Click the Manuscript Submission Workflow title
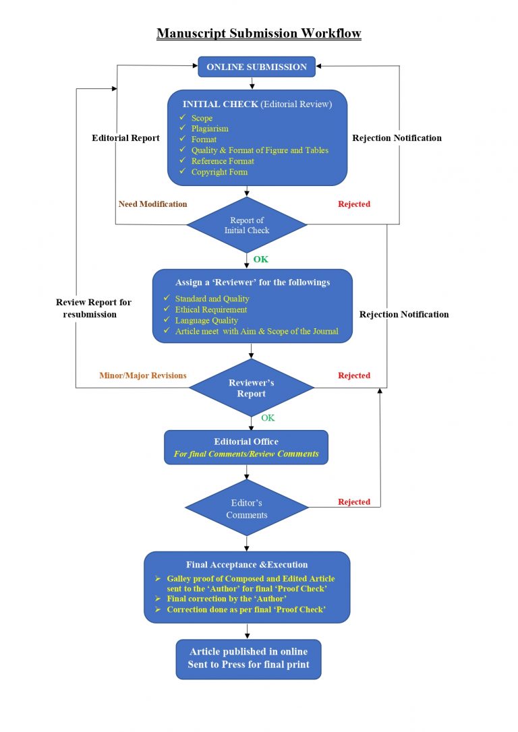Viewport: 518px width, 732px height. [259, 33]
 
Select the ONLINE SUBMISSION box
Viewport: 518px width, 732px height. [256, 67]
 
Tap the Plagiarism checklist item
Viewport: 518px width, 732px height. [210, 129]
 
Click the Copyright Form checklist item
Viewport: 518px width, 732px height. [219, 172]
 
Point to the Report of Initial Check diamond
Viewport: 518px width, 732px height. [247, 225]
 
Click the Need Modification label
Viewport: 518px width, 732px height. [152, 204]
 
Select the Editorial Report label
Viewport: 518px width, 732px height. [125, 138]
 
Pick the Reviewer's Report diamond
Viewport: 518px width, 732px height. [252, 388]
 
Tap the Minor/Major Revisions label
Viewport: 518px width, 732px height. [142, 375]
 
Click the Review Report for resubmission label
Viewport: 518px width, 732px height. [94, 308]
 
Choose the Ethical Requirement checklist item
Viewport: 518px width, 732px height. [211, 310]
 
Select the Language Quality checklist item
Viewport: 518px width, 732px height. [206, 321]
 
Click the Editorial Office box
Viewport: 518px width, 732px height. [246, 448]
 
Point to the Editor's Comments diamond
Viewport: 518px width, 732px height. [247, 509]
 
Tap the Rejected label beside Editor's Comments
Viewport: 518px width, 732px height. [354, 502]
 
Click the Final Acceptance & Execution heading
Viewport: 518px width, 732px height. [247, 565]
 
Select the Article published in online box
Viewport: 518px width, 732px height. [248, 659]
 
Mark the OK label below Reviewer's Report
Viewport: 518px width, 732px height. [268, 418]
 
